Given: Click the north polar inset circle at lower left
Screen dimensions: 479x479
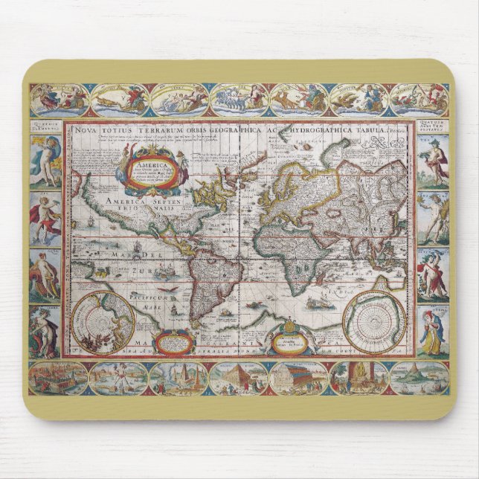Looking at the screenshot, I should coord(103,322).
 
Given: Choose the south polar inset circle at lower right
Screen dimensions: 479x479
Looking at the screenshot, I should coord(375,322).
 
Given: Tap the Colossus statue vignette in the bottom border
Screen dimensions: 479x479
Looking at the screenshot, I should coord(118,378).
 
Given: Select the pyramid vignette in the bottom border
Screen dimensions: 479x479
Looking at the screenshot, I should coord(238,378).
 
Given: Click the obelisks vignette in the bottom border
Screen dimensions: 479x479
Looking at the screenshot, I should coord(179,378).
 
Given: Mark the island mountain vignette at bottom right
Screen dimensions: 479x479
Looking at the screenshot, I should coord(419,378).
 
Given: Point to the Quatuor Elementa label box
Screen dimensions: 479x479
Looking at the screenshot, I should coord(45,127).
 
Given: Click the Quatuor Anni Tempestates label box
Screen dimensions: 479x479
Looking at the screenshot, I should coord(433,127).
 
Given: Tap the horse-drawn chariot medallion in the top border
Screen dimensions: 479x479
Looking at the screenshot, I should coord(238,98).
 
